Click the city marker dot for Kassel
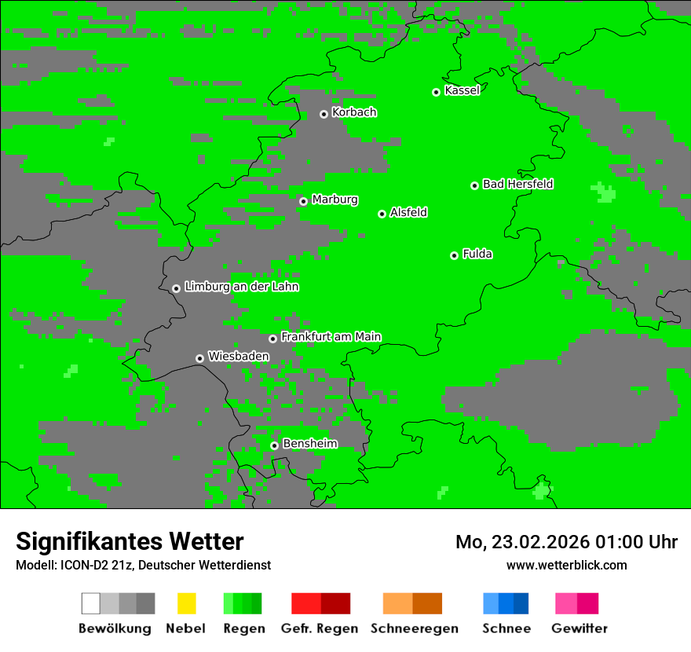[x=436, y=92]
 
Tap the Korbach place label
[x=354, y=112]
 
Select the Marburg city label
[x=335, y=200]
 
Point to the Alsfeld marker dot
[x=382, y=214]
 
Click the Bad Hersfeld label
[x=517, y=184]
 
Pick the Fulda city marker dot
[x=454, y=255]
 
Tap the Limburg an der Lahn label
[x=241, y=287]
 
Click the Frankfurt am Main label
[x=331, y=337]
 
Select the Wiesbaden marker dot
[x=199, y=358]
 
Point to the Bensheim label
[x=309, y=444]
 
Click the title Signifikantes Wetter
[x=130, y=542]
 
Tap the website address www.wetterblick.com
[x=566, y=565]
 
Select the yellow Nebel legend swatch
[x=186, y=603]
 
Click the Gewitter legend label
[x=579, y=628]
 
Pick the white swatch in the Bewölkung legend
[x=91, y=603]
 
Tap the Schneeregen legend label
[x=414, y=628]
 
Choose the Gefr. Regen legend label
[x=320, y=628]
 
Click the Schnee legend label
[x=506, y=628]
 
